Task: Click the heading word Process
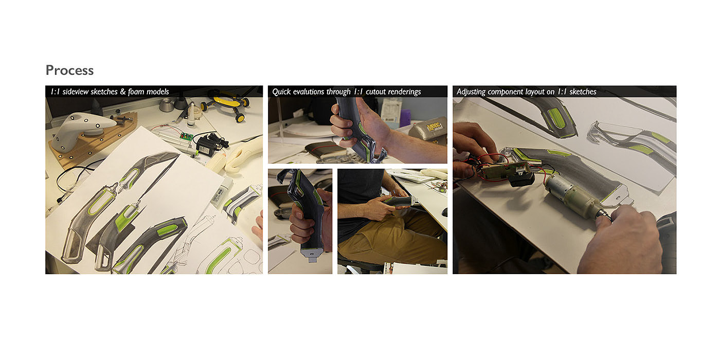(70, 70)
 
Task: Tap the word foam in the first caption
(136, 92)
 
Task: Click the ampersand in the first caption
(122, 92)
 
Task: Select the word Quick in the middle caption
(282, 92)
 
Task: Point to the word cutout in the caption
(376, 92)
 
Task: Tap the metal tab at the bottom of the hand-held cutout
(312, 257)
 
